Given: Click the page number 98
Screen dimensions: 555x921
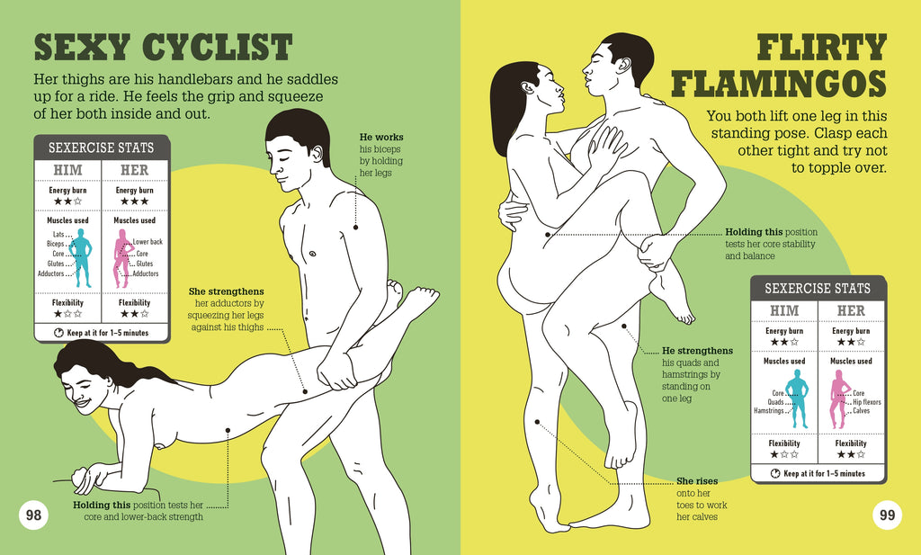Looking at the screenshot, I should pos(33,515).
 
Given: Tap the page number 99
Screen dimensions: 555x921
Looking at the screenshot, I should pos(887,515).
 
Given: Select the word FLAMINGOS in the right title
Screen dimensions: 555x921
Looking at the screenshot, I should pos(779,84).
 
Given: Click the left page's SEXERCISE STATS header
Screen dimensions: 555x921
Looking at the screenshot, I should pos(101,148).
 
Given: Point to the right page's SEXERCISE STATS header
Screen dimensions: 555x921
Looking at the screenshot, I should pos(818,289).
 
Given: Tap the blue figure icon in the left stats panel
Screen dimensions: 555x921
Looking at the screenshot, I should pos(82,257).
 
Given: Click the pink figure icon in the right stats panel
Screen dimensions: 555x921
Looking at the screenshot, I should pos(840,398).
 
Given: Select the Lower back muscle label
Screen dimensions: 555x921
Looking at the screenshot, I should pos(148,242).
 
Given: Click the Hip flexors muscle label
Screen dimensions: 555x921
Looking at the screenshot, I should pos(866,402).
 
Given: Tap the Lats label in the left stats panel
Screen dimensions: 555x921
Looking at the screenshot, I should pos(58,234).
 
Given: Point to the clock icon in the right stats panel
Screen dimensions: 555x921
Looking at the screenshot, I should pos(774,473).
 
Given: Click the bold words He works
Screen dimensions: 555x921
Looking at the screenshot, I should pos(381,137).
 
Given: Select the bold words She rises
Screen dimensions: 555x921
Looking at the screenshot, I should pos(697,480).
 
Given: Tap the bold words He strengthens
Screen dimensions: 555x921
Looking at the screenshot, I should pos(697,351).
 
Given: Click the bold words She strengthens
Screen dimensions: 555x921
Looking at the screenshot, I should pos(226,291).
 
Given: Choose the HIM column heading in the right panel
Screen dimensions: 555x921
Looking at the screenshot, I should pos(784,310).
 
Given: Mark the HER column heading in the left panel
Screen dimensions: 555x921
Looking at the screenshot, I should pos(134,170).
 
